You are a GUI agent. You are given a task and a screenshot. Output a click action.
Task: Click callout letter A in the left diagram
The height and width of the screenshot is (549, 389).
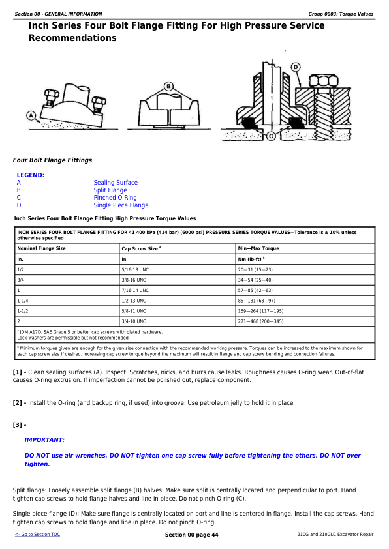point(30,116)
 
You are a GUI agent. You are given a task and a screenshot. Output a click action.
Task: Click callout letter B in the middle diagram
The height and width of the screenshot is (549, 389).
point(168,85)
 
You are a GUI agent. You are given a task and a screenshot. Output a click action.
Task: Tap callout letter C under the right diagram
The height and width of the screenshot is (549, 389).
point(270,136)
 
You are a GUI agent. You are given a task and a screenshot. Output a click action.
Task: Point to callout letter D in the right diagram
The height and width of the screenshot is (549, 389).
point(296,67)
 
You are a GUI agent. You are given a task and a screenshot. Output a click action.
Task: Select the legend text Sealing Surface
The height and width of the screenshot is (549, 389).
point(116,183)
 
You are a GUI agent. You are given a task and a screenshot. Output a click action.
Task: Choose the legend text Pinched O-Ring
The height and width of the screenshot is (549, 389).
point(115,198)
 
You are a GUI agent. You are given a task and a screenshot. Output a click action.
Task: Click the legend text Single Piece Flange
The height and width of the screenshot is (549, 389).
point(121,205)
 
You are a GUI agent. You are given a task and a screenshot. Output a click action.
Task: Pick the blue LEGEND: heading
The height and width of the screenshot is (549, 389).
point(31,175)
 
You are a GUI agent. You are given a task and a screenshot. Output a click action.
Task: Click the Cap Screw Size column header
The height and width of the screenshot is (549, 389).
point(140,248)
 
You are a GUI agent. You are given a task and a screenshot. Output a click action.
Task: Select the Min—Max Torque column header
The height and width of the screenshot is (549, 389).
point(258,248)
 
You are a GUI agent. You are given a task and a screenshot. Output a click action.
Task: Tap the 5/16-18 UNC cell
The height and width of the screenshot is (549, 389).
point(136,269)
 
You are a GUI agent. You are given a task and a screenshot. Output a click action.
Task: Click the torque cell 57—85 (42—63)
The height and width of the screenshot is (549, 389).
point(255,290)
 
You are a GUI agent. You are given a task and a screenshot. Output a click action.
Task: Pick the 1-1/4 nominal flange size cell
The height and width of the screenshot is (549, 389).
point(24,301)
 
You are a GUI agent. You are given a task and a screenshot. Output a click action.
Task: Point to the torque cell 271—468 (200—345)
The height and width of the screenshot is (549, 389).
point(260,321)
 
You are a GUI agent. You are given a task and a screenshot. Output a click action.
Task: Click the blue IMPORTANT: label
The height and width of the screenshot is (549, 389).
point(44,440)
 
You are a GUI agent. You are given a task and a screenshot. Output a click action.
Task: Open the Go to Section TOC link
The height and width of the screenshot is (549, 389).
point(37,535)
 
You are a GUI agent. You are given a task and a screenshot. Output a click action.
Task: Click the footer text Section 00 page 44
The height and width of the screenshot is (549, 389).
point(192,535)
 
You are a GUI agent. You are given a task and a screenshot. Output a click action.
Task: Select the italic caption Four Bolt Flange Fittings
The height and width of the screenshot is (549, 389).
point(52,160)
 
